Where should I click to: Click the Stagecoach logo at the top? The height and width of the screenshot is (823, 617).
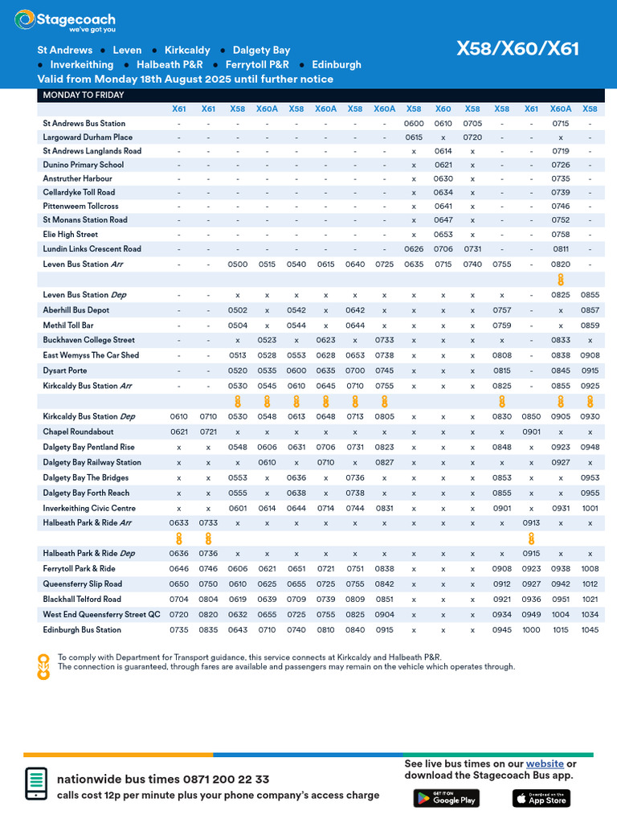coord(65,21)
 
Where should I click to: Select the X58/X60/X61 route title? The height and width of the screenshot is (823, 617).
coord(517,49)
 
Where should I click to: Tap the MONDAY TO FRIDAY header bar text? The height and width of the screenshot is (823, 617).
coord(83,95)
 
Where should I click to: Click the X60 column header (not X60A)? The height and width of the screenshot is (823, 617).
coord(443,109)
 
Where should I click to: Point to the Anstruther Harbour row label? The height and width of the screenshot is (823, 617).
coord(77,178)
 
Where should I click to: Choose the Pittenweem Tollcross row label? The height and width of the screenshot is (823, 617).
coord(80,207)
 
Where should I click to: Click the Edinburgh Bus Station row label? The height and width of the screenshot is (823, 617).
coord(82,630)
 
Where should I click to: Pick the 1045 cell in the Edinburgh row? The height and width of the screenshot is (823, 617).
coord(590,630)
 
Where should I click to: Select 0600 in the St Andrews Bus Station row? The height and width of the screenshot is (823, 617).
coord(414,124)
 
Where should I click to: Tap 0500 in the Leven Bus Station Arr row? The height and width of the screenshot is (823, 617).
coord(238,264)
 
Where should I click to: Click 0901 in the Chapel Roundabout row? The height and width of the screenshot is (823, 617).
coord(531,432)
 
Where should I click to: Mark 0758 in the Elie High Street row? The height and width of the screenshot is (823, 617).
coord(560,235)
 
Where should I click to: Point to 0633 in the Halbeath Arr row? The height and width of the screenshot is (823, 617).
coord(179,523)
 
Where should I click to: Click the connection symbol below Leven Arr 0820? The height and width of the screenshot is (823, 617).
coord(561,280)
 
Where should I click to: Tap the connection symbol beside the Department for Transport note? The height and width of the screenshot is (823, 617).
coord(43,666)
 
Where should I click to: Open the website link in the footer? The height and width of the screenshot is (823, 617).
coord(545,764)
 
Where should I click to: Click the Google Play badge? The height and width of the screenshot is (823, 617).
coord(445,797)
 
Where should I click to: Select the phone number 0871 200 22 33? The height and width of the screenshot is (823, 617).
coord(226,780)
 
